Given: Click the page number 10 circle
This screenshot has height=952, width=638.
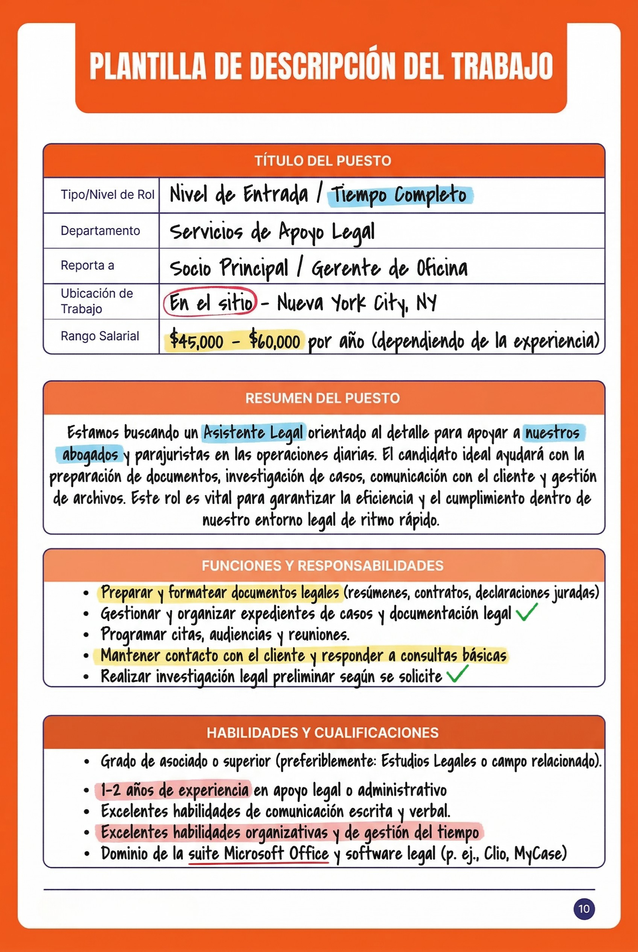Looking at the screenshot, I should (584, 909).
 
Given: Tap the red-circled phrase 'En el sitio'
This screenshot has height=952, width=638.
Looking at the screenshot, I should (210, 303).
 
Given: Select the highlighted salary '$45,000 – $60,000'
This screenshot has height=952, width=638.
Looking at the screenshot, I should (235, 340).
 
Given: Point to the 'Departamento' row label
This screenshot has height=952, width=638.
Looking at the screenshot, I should (100, 230).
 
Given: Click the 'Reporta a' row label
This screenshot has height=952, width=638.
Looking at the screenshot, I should (87, 265).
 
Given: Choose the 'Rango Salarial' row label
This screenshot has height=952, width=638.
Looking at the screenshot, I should (100, 336).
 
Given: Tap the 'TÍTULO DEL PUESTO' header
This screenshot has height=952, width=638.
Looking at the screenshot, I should (323, 161).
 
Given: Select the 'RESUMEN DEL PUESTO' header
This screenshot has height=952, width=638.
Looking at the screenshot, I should (323, 398).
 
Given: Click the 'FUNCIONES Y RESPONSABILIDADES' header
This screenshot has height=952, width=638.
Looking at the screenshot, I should (323, 566).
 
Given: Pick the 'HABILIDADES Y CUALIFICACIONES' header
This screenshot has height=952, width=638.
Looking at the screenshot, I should (323, 732).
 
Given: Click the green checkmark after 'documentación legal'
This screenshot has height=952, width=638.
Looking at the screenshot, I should (526, 612).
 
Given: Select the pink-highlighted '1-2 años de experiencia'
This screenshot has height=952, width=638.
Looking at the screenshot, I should (175, 790).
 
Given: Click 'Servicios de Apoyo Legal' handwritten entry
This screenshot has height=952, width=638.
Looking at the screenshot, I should (272, 232).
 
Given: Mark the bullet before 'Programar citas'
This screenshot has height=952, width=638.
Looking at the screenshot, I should (86, 635).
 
